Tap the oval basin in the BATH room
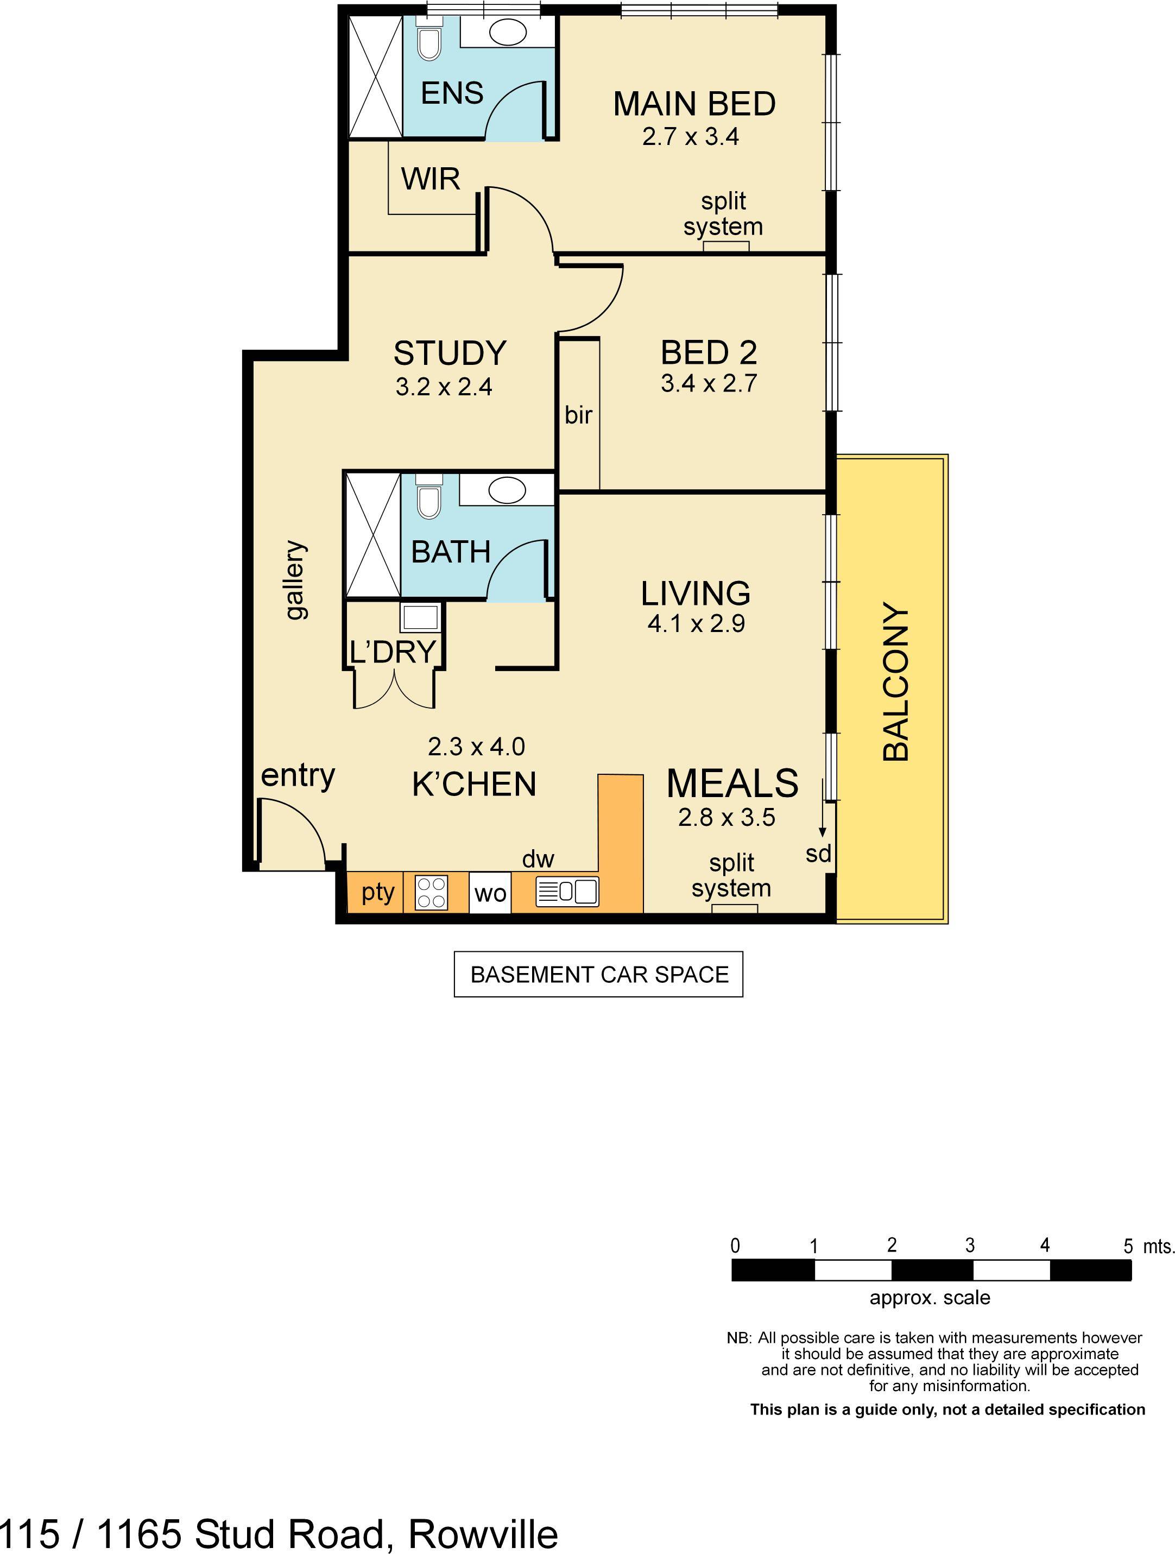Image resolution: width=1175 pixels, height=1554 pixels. click(x=507, y=490)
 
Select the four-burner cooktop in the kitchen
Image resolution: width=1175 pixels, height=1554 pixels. click(x=431, y=892)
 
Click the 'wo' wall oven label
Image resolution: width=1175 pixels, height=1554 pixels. click(x=490, y=894)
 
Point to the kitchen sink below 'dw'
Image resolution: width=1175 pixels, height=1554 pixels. click(x=567, y=892)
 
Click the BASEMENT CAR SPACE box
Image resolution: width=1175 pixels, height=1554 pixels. click(x=598, y=975)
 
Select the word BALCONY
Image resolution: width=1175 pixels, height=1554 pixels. click(x=895, y=681)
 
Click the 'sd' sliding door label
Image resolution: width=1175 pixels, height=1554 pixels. click(x=818, y=854)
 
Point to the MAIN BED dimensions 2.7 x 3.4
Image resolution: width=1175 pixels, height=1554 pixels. click(x=690, y=136)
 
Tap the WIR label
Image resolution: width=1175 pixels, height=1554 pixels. click(x=431, y=179)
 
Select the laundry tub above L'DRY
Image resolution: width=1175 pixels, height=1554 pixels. click(x=420, y=617)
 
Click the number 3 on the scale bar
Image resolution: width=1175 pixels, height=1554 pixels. click(x=970, y=1246)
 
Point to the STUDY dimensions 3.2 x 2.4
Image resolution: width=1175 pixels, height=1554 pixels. click(x=444, y=387)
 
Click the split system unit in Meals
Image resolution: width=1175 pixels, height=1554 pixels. click(x=735, y=908)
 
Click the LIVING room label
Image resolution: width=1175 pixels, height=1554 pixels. click(x=696, y=593)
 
